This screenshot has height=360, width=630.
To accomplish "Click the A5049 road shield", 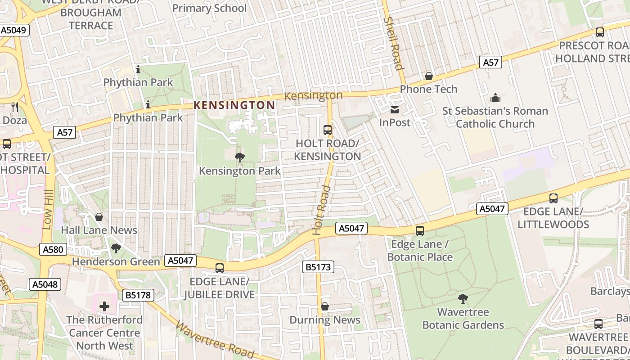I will click(14, 30).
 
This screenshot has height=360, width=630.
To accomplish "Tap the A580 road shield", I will click(53, 250).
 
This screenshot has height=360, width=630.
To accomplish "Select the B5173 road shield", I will click(318, 267).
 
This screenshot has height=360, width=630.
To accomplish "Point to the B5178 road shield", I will click(138, 295).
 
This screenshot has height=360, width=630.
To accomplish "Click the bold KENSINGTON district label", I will click(234, 105).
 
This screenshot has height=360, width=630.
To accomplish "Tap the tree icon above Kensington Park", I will click(239, 157).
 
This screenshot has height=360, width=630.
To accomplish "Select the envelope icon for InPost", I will click(395, 110).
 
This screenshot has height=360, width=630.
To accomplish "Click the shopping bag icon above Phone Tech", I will click(428, 76).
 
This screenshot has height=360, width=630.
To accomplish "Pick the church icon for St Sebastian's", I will click(495, 98).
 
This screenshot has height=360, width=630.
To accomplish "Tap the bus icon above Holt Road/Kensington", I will click(328, 130).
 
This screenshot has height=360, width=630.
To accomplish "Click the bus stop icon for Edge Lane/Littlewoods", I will click(553, 198).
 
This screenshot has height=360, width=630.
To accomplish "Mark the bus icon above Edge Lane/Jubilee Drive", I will click(219, 268).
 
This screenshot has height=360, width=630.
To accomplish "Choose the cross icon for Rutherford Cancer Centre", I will click(104, 307).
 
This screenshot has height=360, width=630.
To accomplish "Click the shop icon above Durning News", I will click(324, 307).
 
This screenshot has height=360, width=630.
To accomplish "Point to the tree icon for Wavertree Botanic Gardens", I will click(463, 299).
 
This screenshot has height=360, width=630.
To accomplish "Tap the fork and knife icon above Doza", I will click(15, 107).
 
